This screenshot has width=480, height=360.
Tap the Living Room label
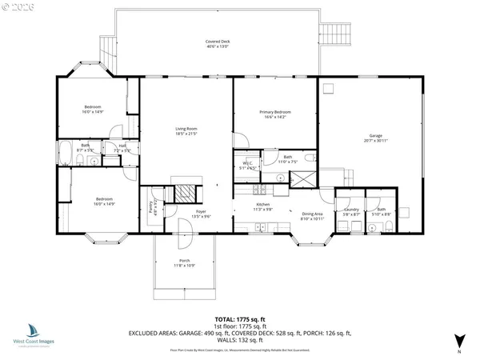(186, 131)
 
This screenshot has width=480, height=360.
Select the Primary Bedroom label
(274, 114)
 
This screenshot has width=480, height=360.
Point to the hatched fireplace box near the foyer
(185, 191)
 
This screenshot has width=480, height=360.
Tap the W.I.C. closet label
(247, 166)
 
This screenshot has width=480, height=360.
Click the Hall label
(122, 147)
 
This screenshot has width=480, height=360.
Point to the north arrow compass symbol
(458, 339)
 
